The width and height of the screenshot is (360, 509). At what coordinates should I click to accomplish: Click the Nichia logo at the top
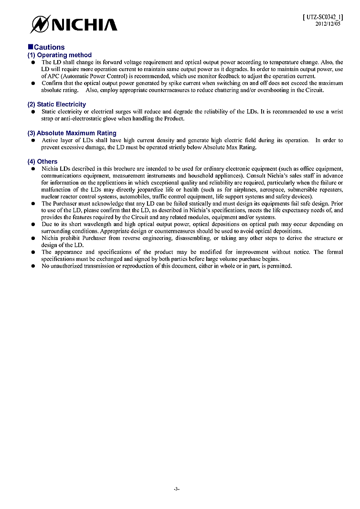click(74, 23)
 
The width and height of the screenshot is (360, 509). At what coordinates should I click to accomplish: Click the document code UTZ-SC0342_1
click(323, 17)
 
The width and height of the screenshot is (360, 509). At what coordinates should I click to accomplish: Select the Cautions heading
click(49, 47)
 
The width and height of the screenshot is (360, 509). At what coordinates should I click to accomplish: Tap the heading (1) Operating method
click(59, 55)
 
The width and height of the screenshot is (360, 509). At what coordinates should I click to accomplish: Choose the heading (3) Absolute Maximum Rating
click(72, 133)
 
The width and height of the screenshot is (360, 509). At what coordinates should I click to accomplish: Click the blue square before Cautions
click(30, 47)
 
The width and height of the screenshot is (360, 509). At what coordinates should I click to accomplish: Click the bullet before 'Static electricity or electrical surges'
click(33, 112)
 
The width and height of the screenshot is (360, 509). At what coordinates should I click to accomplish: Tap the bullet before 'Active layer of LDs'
click(33, 140)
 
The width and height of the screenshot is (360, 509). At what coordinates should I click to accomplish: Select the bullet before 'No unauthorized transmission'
click(33, 266)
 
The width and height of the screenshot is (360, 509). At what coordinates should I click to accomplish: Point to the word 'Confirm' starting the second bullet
click(51, 83)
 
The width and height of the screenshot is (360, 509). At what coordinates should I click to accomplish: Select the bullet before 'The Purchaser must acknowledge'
click(33, 203)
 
